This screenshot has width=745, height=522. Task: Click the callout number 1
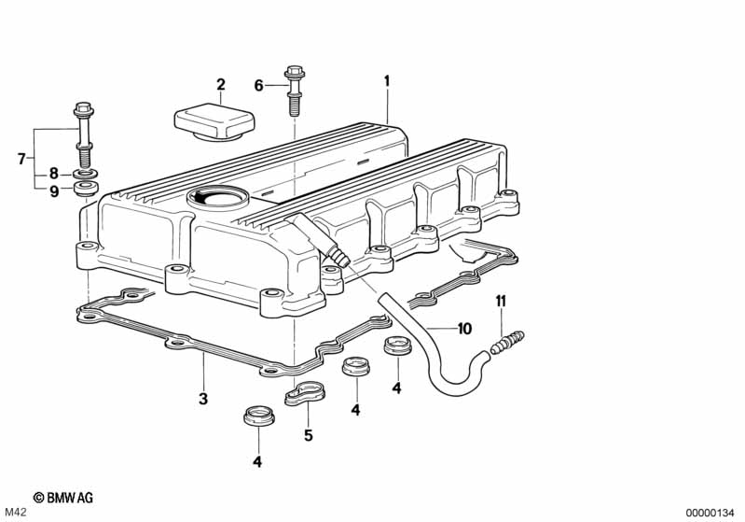tap(387, 81)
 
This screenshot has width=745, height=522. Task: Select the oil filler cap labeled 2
tap(214, 122)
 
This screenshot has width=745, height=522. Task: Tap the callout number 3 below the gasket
tap(203, 399)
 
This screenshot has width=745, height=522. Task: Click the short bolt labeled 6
tap(294, 91)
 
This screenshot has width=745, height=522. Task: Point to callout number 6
tap(259, 86)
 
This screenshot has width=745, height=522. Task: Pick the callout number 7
tap(21, 159)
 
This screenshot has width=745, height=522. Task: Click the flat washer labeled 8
tap(86, 173)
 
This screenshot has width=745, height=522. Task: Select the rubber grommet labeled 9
tap(87, 187)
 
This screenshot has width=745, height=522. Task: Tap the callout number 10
tap(464, 329)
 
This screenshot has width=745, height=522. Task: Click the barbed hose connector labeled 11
tap(507, 343)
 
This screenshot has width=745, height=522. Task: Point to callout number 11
tap(501, 302)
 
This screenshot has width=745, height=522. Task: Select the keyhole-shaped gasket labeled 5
tap(304, 393)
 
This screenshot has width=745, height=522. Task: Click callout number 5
tap(309, 435)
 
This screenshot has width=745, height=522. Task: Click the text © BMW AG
tap(63, 498)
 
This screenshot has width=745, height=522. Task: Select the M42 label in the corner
tap(15, 513)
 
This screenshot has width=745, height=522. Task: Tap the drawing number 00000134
tap(711, 513)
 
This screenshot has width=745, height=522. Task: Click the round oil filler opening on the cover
tap(218, 196)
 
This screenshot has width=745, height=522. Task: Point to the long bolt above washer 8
tap(84, 134)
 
